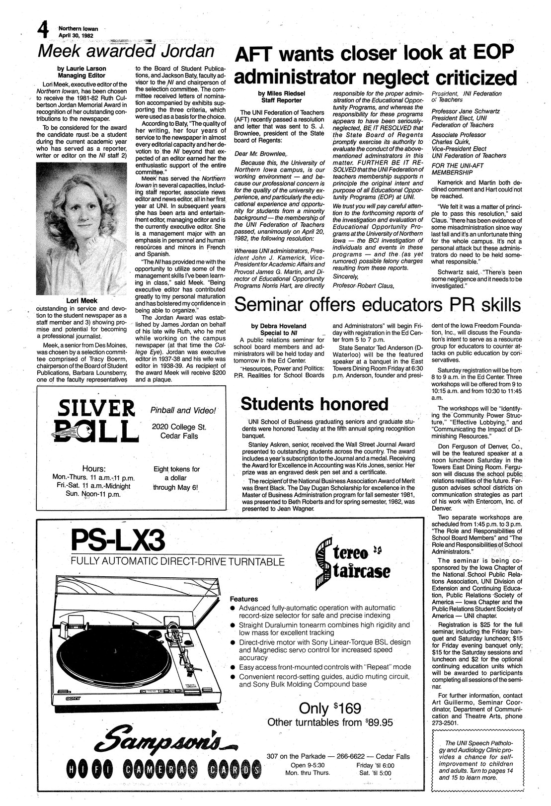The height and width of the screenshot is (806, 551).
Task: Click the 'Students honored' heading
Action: pyautogui.click(x=314, y=403)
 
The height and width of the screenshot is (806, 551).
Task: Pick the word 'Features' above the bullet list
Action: pyautogui.click(x=243, y=599)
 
